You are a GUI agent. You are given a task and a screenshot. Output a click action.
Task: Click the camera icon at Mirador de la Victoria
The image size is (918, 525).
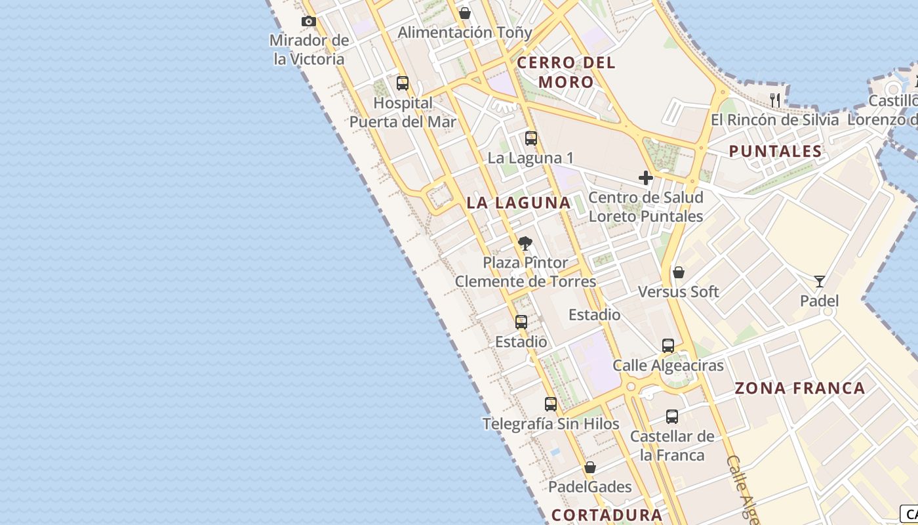click(309, 22)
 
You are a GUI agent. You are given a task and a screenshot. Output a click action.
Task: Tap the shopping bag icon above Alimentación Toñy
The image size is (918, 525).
click(465, 13)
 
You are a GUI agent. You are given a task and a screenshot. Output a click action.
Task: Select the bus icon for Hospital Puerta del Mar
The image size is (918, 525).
click(403, 83)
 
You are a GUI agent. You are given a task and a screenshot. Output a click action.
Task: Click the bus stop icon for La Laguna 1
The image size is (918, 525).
click(531, 138)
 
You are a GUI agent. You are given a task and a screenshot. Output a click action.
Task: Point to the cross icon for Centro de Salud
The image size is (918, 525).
click(646, 178)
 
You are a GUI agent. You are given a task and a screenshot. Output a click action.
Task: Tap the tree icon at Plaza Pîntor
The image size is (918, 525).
click(525, 243)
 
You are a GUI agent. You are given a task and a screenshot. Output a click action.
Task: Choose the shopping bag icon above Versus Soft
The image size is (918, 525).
click(679, 272)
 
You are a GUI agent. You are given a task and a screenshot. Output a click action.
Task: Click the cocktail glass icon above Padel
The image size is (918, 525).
click(820, 282)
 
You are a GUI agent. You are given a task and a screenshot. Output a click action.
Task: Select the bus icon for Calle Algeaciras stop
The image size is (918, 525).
click(668, 346)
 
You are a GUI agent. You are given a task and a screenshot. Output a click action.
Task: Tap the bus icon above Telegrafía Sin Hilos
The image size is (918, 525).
click(551, 404)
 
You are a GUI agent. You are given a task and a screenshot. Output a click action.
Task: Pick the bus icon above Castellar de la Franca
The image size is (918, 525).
click(672, 417)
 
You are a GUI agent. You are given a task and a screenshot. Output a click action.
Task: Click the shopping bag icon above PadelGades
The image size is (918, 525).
click(590, 467)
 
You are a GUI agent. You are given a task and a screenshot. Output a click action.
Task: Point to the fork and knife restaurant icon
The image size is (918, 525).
click(775, 100)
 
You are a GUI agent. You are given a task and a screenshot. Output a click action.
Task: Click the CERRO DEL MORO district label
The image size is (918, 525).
click(566, 72)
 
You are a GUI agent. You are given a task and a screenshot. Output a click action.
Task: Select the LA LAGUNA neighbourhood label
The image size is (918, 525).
click(519, 203)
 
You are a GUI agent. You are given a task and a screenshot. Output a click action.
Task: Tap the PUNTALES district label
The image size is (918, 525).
click(776, 151)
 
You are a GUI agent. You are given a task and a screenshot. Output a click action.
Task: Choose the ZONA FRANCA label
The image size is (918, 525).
click(800, 388)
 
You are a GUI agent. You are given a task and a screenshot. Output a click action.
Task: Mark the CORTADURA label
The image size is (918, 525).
click(607, 514)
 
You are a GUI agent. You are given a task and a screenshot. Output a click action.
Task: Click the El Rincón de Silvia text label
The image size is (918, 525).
click(775, 120)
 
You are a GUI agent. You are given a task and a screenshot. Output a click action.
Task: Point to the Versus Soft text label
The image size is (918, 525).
click(679, 291)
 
